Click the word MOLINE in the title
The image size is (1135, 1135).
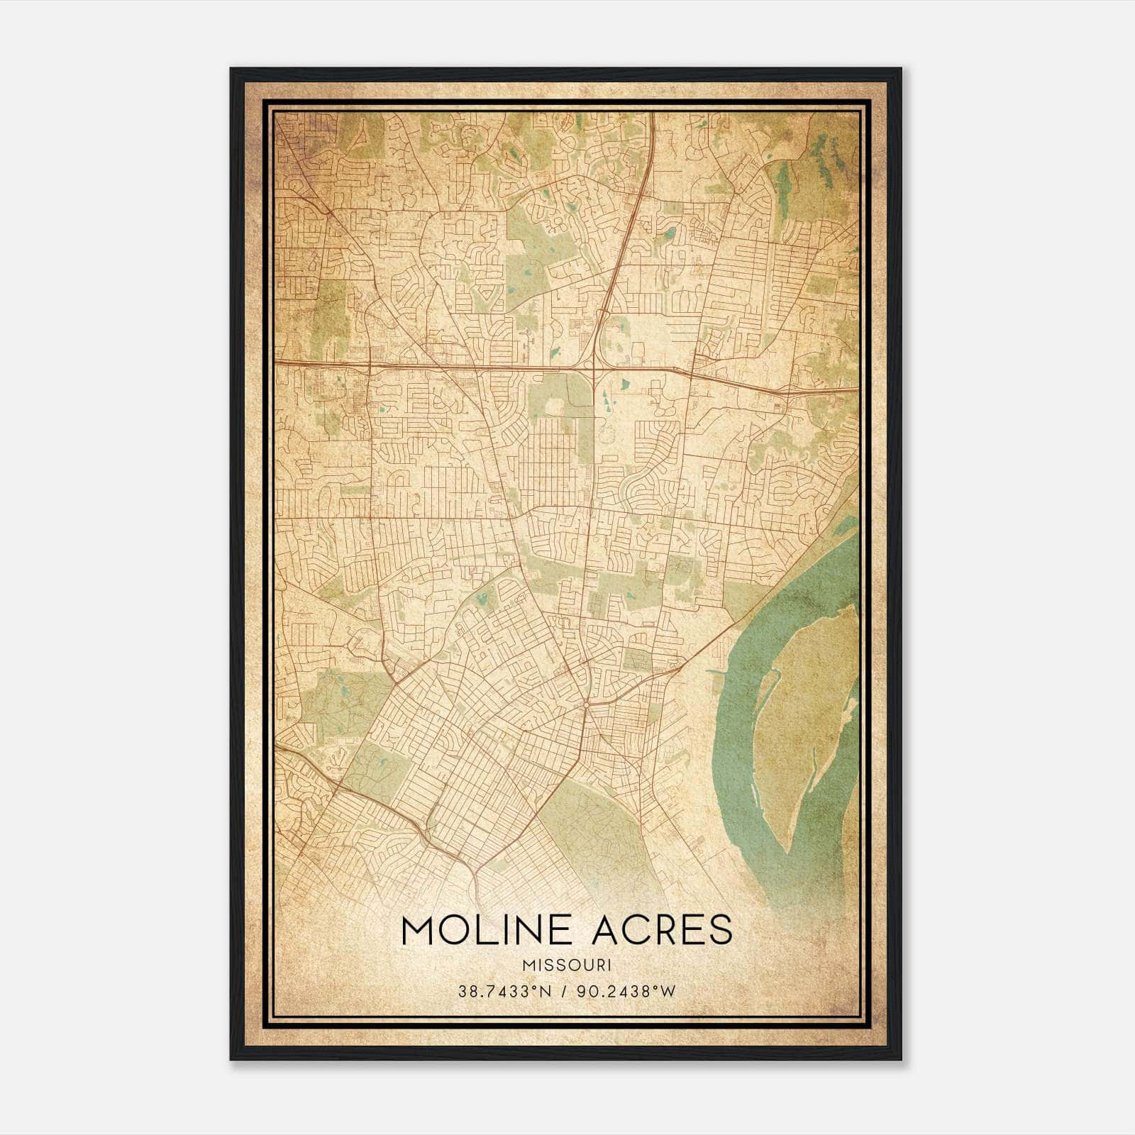[489, 930]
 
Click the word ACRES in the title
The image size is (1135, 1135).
[662, 930]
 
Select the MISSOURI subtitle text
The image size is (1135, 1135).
[567, 965]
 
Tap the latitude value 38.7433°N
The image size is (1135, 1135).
[504, 992]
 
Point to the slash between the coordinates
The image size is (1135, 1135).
[565, 992]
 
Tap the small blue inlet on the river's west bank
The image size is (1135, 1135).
[716, 670]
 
